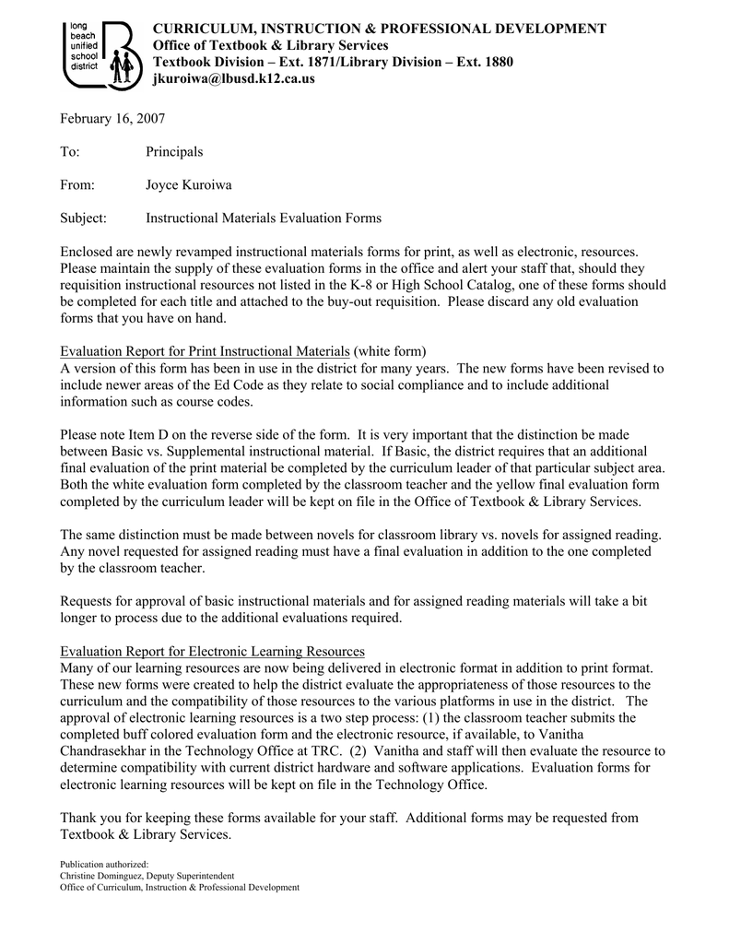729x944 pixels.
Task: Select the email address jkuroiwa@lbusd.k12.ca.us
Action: point(233,79)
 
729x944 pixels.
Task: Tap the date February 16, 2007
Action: point(112,118)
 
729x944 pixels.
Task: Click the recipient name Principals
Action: point(174,151)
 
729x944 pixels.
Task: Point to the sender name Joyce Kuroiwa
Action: point(188,184)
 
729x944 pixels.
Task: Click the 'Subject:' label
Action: point(84,218)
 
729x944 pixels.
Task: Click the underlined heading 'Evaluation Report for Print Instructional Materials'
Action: point(205,351)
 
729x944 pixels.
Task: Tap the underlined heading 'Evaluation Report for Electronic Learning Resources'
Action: point(212,650)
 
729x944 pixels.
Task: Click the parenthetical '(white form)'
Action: point(390,351)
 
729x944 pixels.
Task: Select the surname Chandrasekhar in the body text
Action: point(103,751)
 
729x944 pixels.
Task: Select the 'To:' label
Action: point(70,151)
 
